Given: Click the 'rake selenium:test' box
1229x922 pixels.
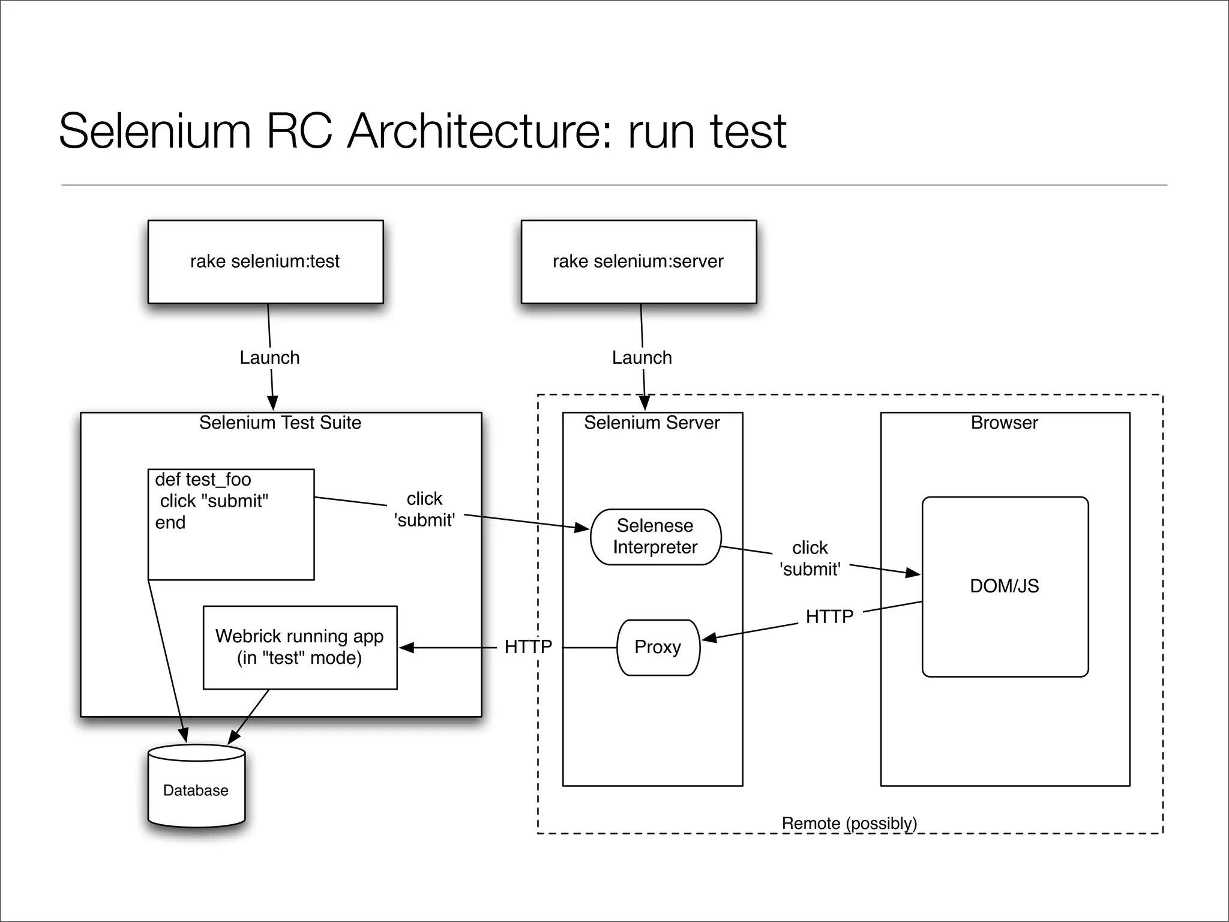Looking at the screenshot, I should coord(265,262).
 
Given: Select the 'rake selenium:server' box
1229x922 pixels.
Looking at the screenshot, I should coord(639,262).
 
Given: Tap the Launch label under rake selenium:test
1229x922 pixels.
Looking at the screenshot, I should coord(269,358).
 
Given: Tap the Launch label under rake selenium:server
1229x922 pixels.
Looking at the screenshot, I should coord(642,358).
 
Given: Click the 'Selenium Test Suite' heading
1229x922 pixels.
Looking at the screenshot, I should coord(280,423).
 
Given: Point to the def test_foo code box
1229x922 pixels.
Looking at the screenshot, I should coord(231,524).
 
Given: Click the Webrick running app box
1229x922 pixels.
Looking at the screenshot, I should coord(300,647).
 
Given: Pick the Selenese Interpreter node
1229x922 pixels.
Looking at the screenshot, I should coord(655,537).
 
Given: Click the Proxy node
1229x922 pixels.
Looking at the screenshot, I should coord(658,647).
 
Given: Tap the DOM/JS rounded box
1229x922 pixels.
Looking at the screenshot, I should coord(1005,586).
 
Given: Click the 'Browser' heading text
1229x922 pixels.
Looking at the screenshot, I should coord(1004,423).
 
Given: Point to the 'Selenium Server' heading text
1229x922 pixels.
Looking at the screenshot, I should coord(652,423).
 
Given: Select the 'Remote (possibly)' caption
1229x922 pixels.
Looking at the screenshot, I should coord(849,824).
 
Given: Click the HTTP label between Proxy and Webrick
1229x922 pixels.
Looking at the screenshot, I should coord(528,647).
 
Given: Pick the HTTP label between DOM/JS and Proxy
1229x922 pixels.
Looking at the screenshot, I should coord(829,616).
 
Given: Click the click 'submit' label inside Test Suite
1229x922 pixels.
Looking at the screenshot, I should coord(424,510).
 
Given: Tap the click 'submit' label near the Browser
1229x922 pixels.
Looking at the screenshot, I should coord(810,558).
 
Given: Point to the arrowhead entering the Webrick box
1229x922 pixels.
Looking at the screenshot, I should coord(406,648).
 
